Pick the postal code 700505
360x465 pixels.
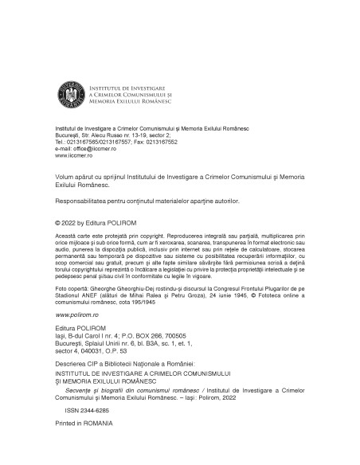178,335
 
